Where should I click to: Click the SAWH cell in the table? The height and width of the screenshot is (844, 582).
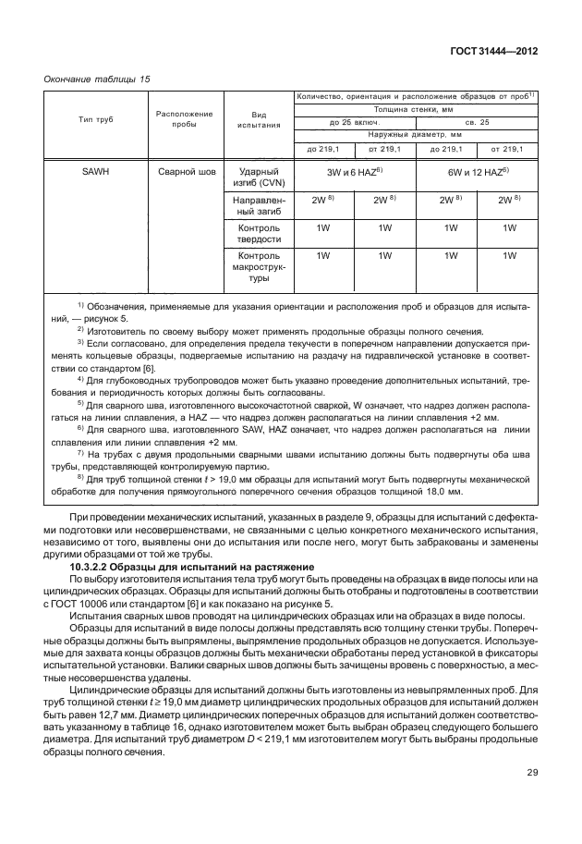(x=97, y=172)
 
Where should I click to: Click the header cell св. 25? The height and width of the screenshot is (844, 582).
(x=477, y=121)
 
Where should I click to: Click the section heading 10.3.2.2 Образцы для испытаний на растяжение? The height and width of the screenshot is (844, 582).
(x=175, y=566)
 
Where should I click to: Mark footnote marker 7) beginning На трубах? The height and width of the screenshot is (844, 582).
(x=80, y=453)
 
